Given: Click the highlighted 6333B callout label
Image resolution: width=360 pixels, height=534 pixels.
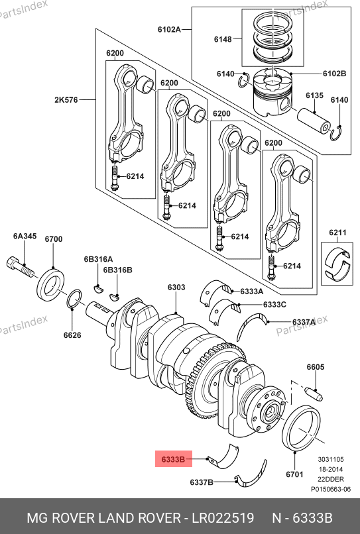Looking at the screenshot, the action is click(x=174, y=459).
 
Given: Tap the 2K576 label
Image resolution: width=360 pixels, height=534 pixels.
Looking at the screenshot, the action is click(x=66, y=100).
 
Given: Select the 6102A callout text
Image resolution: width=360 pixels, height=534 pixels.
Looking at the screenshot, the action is click(x=169, y=29).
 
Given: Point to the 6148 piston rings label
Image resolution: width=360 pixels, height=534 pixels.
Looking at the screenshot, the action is click(x=223, y=39).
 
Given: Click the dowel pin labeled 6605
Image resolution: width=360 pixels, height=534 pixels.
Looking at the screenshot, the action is click(x=315, y=395).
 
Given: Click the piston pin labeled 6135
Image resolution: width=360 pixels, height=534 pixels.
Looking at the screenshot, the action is click(x=314, y=121).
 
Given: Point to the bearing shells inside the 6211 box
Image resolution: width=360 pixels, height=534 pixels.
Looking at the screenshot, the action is click(x=337, y=264).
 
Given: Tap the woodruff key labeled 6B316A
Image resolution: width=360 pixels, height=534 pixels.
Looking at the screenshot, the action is click(x=98, y=288).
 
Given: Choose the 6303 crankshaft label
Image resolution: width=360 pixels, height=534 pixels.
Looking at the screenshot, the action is click(x=176, y=288).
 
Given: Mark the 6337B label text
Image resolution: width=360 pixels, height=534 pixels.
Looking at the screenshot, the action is click(x=202, y=482).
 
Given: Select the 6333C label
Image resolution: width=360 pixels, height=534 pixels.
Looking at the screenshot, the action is click(x=274, y=305).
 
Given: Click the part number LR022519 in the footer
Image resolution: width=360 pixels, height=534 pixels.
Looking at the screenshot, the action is click(x=223, y=517).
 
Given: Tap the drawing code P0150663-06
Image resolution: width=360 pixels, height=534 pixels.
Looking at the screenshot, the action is click(x=331, y=490).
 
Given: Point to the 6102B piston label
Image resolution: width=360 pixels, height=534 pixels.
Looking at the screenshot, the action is click(x=334, y=74).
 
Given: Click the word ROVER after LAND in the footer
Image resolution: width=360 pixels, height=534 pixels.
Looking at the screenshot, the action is click(x=158, y=517).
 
